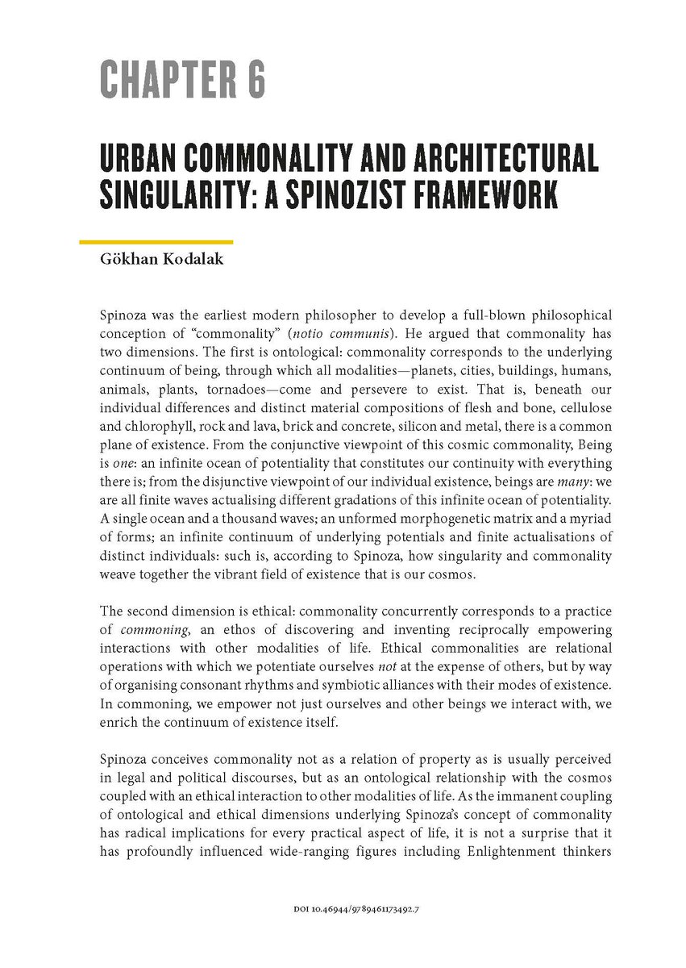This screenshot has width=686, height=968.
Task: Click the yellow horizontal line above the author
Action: (x=156, y=241)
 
